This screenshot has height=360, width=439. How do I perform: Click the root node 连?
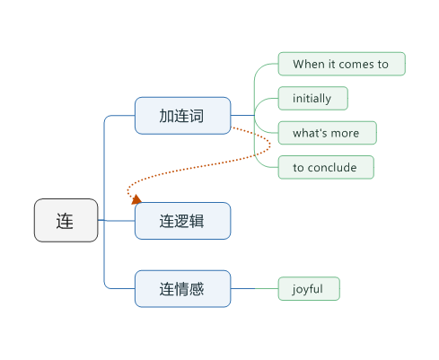[66, 220]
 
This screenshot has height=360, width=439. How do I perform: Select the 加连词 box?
[182, 116]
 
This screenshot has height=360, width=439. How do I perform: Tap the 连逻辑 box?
[182, 221]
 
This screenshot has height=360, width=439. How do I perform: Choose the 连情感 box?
[182, 289]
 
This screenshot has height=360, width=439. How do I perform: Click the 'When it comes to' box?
[342, 64]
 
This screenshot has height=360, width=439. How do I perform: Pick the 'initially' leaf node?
[313, 99]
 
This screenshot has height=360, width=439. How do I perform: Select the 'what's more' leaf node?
[328, 133]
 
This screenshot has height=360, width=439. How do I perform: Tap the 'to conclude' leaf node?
[326, 167]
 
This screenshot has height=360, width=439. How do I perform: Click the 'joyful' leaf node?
[309, 289]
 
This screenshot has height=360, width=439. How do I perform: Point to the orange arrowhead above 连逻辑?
[136, 199]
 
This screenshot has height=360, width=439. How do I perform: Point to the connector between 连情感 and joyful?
[254, 289]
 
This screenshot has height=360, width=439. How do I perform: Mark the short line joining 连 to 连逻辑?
[117, 221]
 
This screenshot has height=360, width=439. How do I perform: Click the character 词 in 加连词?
[197, 116]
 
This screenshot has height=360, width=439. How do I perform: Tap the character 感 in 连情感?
[197, 289]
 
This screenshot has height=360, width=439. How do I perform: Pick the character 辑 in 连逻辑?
[197, 222]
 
